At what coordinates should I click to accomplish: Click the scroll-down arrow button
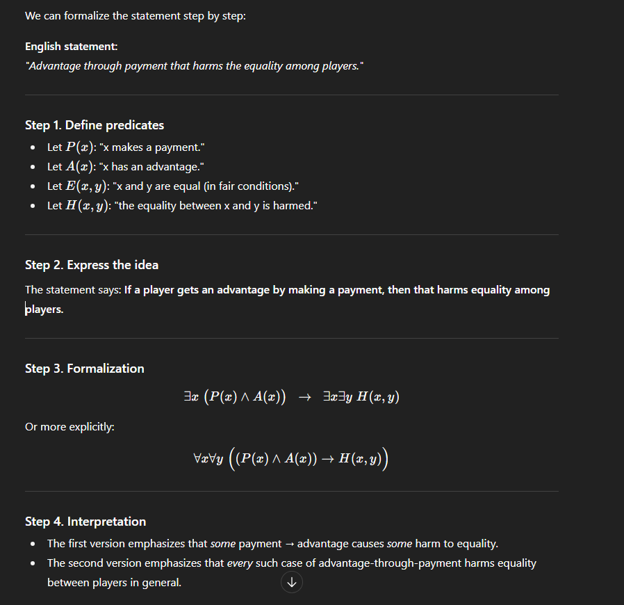292,583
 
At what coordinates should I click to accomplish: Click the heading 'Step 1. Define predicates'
95,125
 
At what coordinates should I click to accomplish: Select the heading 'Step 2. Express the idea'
92,265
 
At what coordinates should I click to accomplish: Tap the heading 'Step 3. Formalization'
85,369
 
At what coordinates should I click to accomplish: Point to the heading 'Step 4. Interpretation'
85,522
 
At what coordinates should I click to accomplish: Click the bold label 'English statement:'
72,47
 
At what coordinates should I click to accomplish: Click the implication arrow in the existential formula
304,397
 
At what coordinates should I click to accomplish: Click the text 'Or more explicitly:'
69,427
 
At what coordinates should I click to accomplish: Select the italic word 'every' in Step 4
240,563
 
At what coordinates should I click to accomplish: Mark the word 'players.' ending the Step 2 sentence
44,309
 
